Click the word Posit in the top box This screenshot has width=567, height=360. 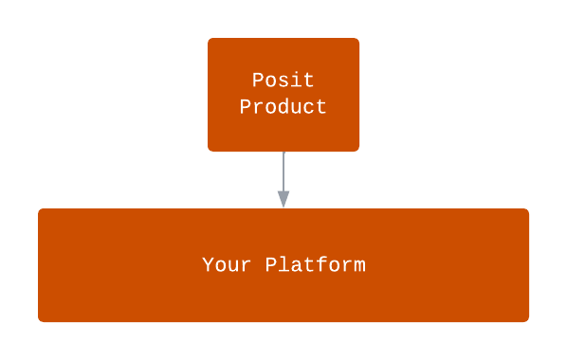click(x=283, y=81)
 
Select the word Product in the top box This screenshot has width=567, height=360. click(x=283, y=107)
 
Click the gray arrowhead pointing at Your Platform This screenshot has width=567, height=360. click(x=283, y=199)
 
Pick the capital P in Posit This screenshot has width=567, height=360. click(x=258, y=81)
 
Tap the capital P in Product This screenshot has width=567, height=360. click(x=246, y=107)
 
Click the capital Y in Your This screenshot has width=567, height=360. click(x=208, y=265)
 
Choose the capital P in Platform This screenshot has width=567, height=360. click(x=270, y=265)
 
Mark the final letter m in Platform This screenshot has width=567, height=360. click(x=359, y=265)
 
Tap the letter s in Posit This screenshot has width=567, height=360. click(x=283, y=81)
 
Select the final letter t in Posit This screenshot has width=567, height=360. click(x=309, y=81)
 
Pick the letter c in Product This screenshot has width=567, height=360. click(x=309, y=107)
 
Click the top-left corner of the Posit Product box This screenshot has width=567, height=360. click(x=210, y=40)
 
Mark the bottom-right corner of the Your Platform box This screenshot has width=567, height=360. click(x=527, y=320)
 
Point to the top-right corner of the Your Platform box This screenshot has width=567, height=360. click(x=527, y=210)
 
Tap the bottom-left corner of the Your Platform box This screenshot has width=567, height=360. click(x=40, y=320)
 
